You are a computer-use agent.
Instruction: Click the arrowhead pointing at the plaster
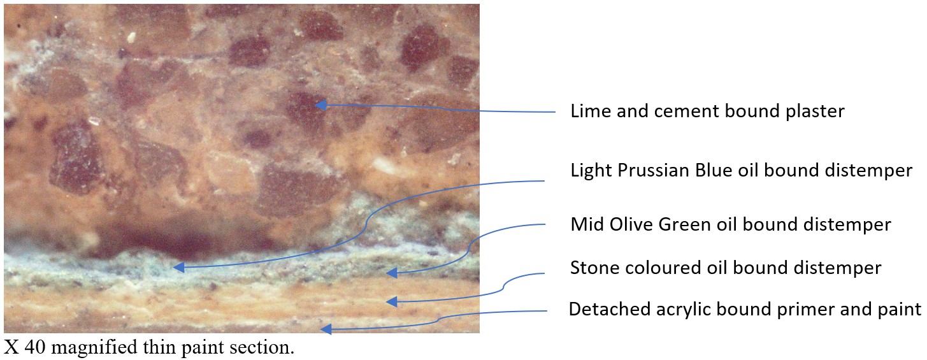[x=320, y=105]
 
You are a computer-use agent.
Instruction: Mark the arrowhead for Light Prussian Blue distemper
[x=179, y=268]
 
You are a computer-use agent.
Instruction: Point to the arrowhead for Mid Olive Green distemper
[x=391, y=273]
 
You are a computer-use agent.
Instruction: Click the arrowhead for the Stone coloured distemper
[x=391, y=301]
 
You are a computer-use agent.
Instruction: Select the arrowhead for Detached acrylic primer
[x=326, y=329]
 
